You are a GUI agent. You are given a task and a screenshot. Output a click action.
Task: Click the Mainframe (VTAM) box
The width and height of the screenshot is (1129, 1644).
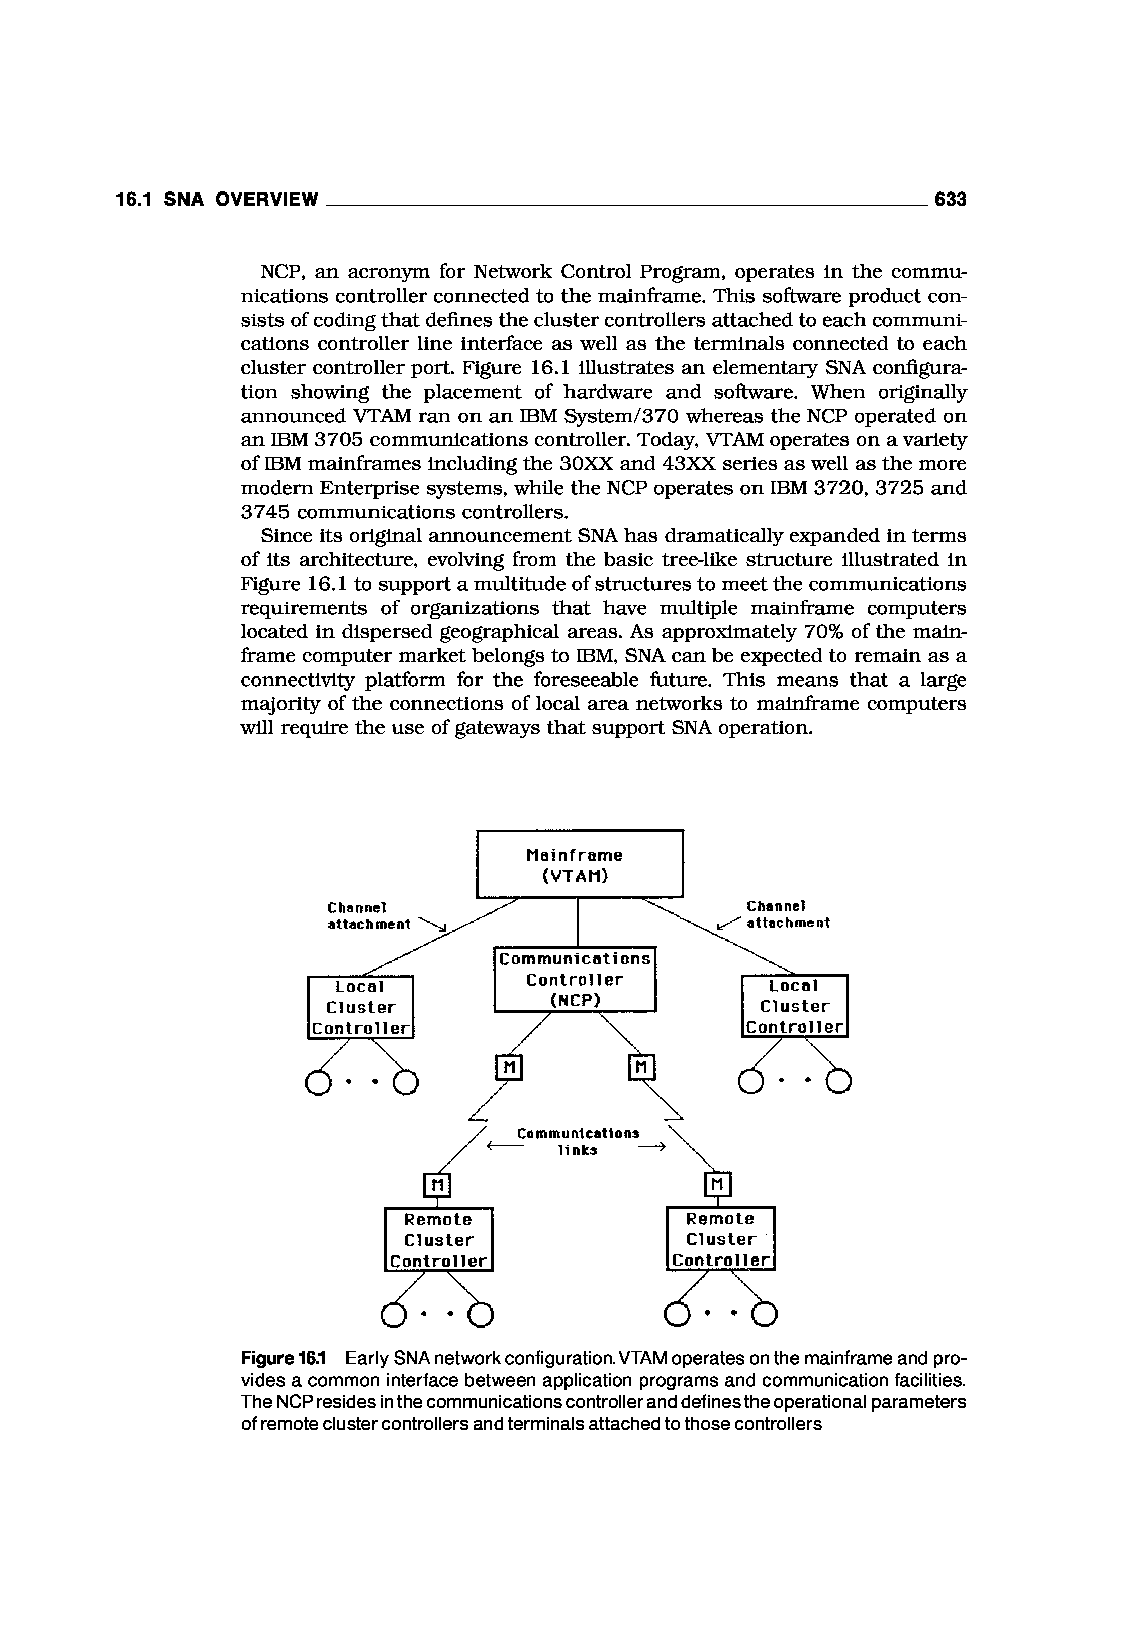click(580, 864)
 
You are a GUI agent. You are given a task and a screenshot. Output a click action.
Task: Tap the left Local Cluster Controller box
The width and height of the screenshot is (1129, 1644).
click(360, 1007)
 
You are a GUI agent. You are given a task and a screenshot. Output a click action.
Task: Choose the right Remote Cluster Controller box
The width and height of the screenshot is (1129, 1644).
click(721, 1239)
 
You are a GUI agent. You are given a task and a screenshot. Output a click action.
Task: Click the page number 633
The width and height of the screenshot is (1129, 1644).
click(950, 200)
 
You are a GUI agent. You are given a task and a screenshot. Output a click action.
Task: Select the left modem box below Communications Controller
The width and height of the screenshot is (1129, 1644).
click(508, 1068)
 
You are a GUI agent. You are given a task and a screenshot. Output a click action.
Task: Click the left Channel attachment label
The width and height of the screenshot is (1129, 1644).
click(368, 915)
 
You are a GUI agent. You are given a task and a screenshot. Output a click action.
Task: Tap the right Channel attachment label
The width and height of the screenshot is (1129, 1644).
click(787, 915)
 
